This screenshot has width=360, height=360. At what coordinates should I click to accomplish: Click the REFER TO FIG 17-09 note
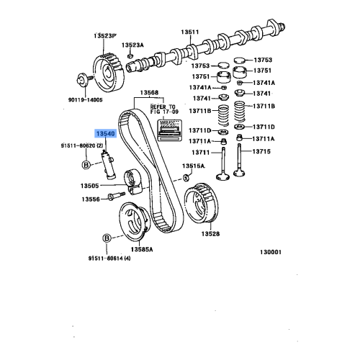tap(163, 109)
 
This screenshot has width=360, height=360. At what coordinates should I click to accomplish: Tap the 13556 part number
tap(90, 199)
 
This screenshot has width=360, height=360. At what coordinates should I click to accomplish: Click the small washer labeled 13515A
tap(186, 177)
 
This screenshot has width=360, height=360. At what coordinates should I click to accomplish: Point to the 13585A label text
tap(140, 248)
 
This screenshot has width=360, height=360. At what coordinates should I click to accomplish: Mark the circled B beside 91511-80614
tap(107, 238)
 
